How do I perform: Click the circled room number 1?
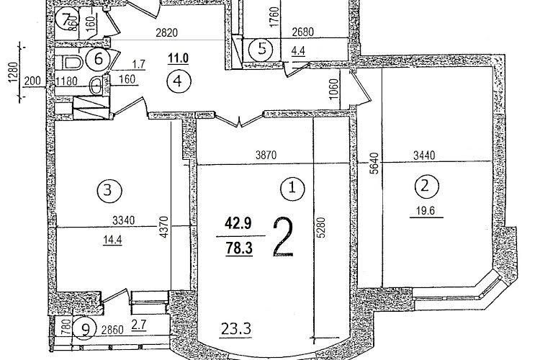pos(292,189)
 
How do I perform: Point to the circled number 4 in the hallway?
pos(178,81)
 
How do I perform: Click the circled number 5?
pos(262,49)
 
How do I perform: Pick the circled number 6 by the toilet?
pos(99,59)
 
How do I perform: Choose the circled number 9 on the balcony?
pos(84,328)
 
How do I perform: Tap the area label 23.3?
pos(236,329)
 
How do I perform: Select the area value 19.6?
pos(426,210)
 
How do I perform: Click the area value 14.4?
pos(112,240)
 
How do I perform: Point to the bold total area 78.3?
pos(239,248)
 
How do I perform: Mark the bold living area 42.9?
pos(238,224)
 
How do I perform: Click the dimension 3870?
pos(266,156)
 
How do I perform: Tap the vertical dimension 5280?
pos(321,228)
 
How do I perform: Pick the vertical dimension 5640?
pos(374,163)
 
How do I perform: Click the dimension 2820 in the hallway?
pos(167,32)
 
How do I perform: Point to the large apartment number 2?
pos(283,237)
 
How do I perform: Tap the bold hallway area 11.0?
pos(178,58)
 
